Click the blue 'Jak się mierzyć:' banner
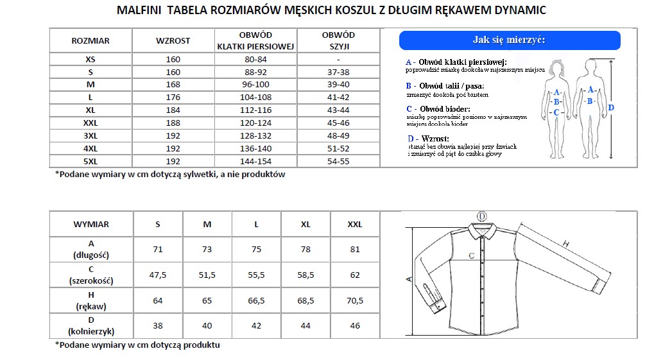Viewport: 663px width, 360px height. pos(509,40)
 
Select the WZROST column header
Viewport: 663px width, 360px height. pos(173,40)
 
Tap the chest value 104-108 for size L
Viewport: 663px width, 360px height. pos(255,97)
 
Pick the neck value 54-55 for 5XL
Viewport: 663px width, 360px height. pos(338,161)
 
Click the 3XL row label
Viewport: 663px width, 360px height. pos(90,135)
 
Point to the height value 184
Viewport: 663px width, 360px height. pos(173,110)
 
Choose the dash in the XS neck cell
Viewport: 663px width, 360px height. pos(338,59)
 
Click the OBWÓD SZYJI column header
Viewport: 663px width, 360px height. pos(338,40)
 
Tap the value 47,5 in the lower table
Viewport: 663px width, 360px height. pos(158,275)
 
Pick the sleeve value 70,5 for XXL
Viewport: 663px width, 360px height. pos(355,300)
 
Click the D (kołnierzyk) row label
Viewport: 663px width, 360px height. pos(91,325)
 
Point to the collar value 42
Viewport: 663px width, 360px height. pos(256,325)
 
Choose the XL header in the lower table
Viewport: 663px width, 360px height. pos(306,224)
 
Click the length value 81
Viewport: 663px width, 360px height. pos(355,249)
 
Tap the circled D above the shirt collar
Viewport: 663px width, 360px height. pos(481,216)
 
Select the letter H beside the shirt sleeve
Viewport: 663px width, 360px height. pos(565,243)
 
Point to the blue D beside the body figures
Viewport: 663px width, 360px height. pos(611,108)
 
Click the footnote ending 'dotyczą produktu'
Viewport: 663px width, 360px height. pos(137,345)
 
